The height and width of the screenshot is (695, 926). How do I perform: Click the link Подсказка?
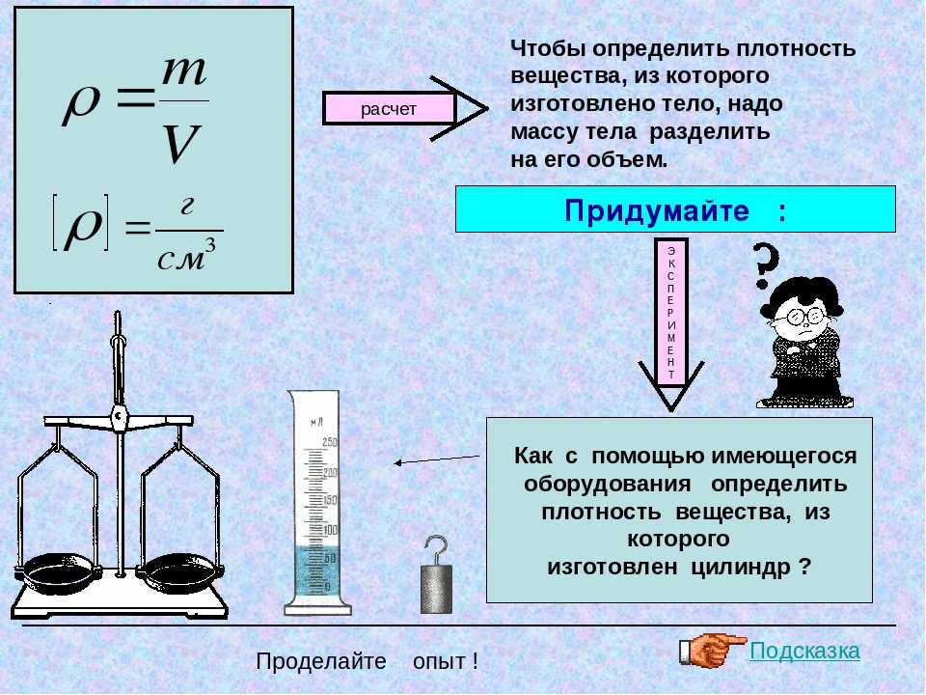[x=804, y=651]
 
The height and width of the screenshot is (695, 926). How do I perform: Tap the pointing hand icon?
[x=712, y=649]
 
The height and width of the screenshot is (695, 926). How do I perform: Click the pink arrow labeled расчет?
[x=405, y=109]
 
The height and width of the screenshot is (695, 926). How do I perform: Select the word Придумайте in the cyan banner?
[x=657, y=209]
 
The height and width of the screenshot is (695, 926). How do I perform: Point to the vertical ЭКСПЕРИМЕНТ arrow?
[x=671, y=324]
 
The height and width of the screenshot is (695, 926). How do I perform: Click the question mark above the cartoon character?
[x=764, y=264]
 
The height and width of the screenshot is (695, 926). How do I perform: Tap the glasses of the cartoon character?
[x=801, y=318]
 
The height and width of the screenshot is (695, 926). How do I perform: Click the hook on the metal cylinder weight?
[x=437, y=550]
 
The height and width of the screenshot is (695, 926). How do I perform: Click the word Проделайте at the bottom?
[x=321, y=660]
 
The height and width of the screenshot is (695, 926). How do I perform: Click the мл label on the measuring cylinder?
[x=317, y=422]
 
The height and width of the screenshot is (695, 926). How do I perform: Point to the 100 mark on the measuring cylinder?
[x=330, y=530]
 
